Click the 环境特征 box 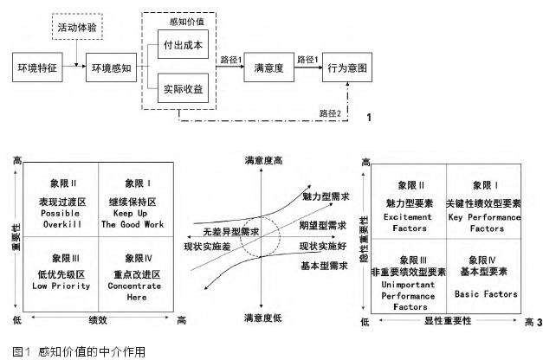38,67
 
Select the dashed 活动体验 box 78,27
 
